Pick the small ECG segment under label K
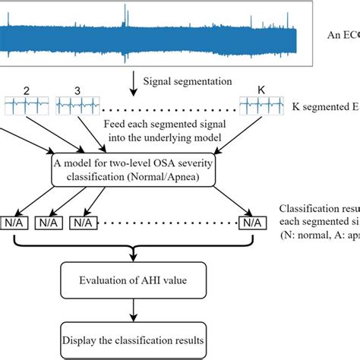coord(262,106)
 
